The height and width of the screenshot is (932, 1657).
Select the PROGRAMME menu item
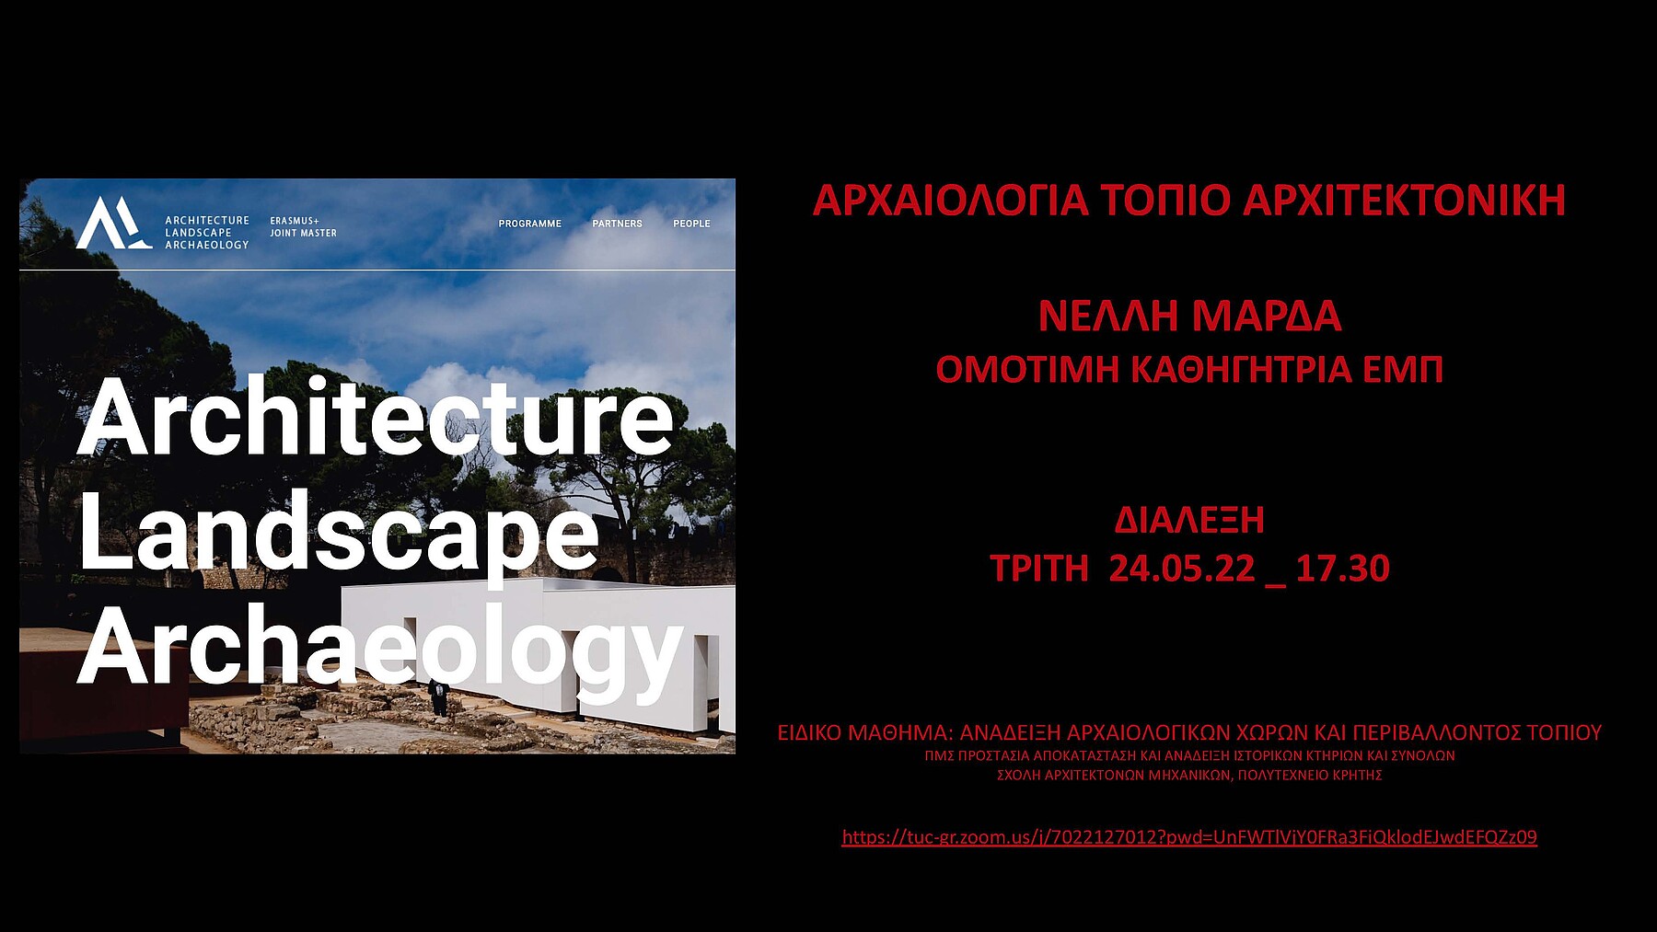pyautogui.click(x=530, y=224)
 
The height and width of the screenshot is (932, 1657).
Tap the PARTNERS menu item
pyautogui.click(x=618, y=224)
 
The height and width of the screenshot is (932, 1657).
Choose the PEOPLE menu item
pyautogui.click(x=691, y=224)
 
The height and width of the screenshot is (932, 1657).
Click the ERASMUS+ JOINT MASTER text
pyautogui.click(x=303, y=227)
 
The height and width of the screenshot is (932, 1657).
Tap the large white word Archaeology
pyautogui.click(x=380, y=648)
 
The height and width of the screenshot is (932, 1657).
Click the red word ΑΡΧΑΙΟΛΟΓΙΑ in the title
pyautogui.click(x=951, y=201)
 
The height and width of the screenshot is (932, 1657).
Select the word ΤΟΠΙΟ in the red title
pyautogui.click(x=1165, y=201)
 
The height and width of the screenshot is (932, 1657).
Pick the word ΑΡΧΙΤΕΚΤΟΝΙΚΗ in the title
pyautogui.click(x=1405, y=201)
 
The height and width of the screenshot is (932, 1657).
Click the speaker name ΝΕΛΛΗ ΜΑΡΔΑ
pyautogui.click(x=1189, y=316)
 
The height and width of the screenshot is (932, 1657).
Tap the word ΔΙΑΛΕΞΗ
pyautogui.click(x=1189, y=521)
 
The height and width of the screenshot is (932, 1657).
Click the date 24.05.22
pyautogui.click(x=1182, y=569)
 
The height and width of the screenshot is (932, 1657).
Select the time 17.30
pyautogui.click(x=1343, y=569)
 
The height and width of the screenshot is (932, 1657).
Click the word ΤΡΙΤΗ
pyautogui.click(x=1039, y=569)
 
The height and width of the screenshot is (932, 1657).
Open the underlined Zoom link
pyautogui.click(x=1189, y=837)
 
